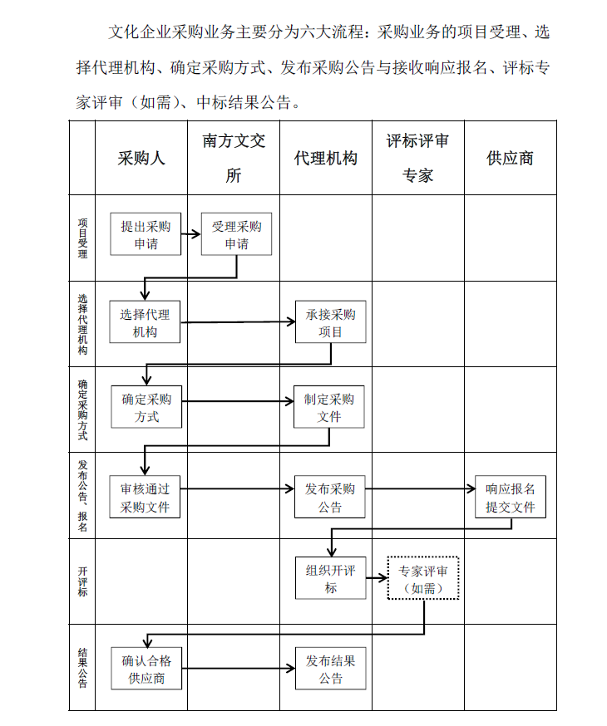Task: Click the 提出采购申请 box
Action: click(146, 233)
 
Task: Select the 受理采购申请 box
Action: click(236, 233)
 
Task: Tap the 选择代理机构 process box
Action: click(145, 321)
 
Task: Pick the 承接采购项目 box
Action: click(330, 321)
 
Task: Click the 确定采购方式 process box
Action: click(146, 406)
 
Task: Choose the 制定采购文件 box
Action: click(329, 406)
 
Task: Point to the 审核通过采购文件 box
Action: click(145, 497)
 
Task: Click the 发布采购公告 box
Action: click(330, 497)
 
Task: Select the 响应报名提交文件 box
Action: click(511, 497)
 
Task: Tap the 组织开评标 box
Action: click(330, 578)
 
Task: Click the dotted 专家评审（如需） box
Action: click(423, 578)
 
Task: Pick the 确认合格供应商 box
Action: click(146, 669)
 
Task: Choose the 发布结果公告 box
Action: click(330, 669)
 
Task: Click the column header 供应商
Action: click(510, 159)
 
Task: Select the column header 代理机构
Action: click(326, 159)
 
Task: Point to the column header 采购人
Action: click(141, 159)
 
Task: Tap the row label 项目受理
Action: click(82, 238)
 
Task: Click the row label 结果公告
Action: click(82, 668)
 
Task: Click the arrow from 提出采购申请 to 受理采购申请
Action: click(191, 234)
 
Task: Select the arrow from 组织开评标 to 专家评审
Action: click(377, 578)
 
